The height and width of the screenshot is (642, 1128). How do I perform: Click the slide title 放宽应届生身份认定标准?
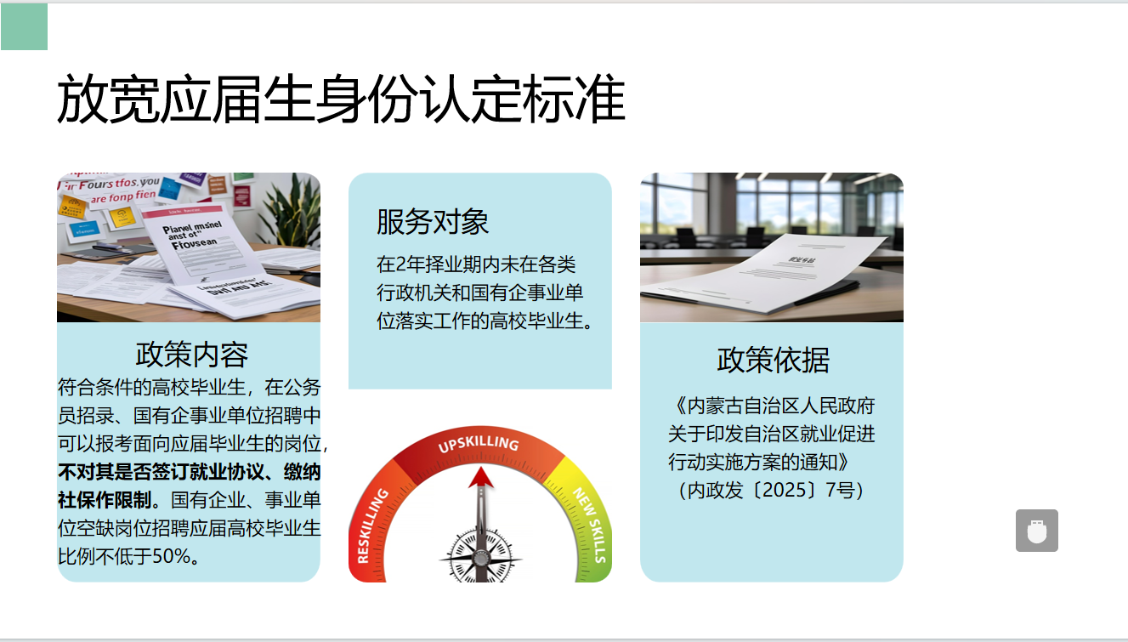pyautogui.click(x=341, y=99)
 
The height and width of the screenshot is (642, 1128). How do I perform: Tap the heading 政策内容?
pyautogui.click(x=191, y=355)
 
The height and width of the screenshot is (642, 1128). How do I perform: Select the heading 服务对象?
pyautogui.click(x=433, y=222)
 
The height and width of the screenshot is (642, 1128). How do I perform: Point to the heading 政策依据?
pyautogui.click(x=772, y=360)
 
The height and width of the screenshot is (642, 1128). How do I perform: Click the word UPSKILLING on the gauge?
pyautogui.click(x=478, y=444)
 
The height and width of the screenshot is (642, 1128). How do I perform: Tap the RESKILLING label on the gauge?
pyautogui.click(x=373, y=526)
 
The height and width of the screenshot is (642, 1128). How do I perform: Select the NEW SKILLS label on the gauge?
pyautogui.click(x=589, y=524)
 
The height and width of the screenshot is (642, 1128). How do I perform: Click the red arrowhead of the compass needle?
pyautogui.click(x=481, y=476)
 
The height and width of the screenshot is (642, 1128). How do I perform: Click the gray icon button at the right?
pyautogui.click(x=1036, y=531)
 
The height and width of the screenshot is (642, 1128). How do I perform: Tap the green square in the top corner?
pyautogui.click(x=24, y=27)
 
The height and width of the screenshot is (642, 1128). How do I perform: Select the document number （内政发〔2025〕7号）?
pyautogui.click(x=772, y=491)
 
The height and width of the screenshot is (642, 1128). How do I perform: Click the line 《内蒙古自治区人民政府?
pyautogui.click(x=772, y=405)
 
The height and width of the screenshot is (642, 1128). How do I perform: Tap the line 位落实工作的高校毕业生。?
pyautogui.click(x=483, y=321)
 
